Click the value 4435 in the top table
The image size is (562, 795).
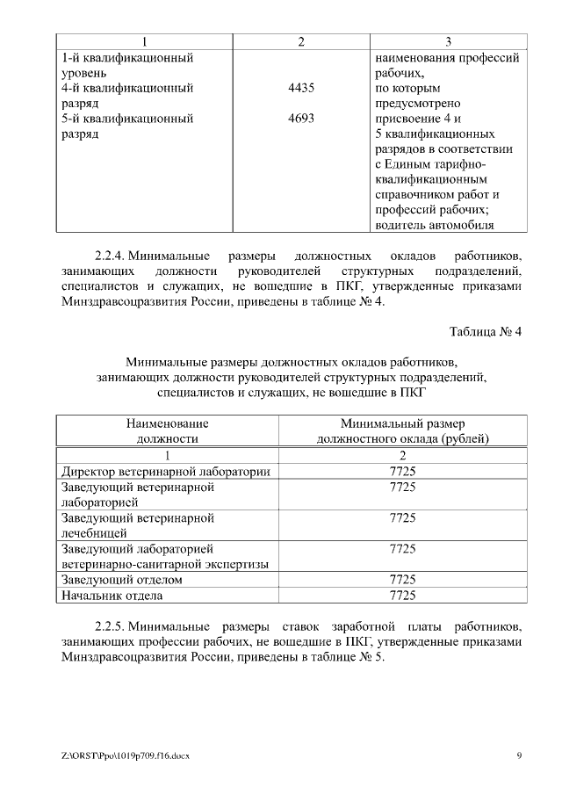coord(300,89)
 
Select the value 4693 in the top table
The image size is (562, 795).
coord(300,119)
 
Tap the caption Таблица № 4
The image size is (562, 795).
coord(486,332)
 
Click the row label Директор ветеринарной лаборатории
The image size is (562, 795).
coord(163,472)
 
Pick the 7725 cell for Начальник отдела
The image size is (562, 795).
coord(402,596)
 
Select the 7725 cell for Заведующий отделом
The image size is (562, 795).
coord(402,580)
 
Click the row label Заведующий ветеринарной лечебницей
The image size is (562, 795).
coord(137,525)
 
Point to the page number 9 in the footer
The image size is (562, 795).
coord(519,755)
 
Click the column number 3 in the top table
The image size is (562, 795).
coord(448,41)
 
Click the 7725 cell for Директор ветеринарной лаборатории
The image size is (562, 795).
coord(402,472)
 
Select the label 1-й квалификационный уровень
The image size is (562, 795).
coord(126,65)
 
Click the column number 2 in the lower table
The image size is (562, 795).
coord(402,455)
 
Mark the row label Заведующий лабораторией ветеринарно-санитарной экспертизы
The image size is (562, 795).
coord(163,556)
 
